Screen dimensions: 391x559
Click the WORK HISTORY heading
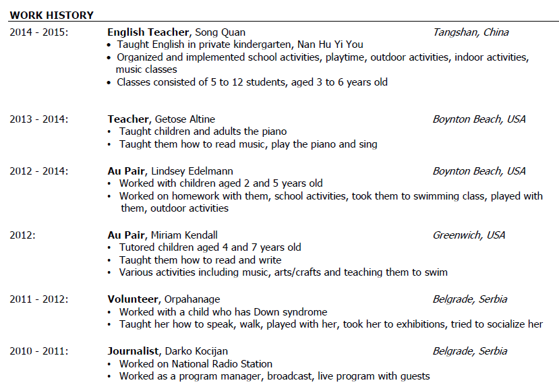[x=51, y=15]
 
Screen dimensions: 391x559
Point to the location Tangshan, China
[x=471, y=32]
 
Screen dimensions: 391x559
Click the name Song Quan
[x=220, y=32]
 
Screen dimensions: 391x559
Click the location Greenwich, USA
[x=469, y=235]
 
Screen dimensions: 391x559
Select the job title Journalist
[x=132, y=351]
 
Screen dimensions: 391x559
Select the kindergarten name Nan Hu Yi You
[x=325, y=44]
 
